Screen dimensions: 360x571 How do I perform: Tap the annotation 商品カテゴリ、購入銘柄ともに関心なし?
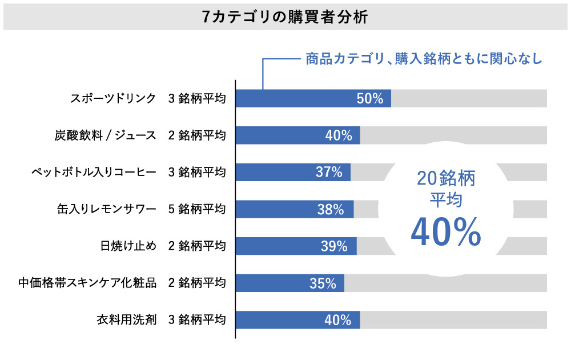click(423, 58)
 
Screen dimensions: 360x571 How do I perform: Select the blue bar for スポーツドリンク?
click(313, 98)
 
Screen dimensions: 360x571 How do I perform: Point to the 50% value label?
click(369, 98)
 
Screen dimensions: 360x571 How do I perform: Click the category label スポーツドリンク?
click(113, 98)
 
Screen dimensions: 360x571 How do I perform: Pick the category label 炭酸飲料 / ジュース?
click(102, 135)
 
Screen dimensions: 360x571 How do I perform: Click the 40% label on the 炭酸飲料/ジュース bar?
click(338, 135)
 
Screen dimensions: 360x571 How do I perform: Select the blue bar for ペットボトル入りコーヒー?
click(293, 172)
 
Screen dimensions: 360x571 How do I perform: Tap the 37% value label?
click(329, 172)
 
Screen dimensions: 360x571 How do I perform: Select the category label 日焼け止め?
click(127, 246)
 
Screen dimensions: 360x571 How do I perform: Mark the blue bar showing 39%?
click(296, 246)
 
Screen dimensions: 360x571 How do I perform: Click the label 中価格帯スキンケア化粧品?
click(87, 283)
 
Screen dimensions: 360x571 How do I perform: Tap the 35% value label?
click(323, 283)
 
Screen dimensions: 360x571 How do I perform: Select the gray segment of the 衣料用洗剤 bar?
click(453, 320)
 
